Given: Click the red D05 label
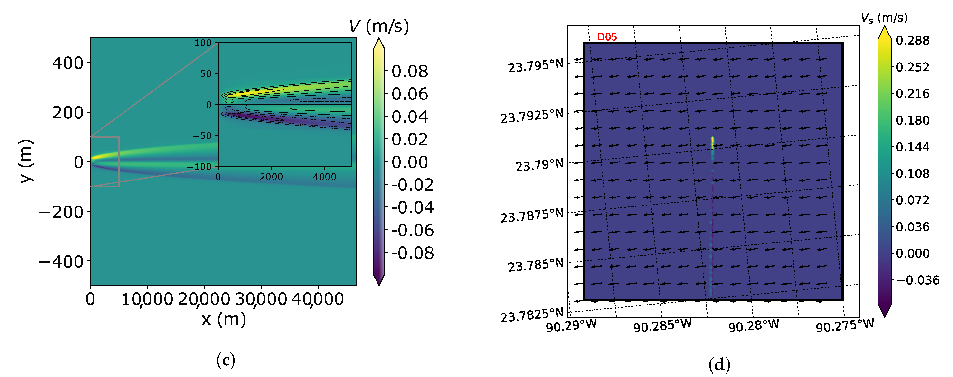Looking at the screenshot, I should (607, 37).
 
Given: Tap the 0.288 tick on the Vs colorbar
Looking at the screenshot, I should (912, 40).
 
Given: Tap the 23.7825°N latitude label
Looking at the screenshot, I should (532, 315).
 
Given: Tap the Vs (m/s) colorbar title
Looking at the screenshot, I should (884, 17).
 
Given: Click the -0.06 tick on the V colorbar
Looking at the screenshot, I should (413, 230).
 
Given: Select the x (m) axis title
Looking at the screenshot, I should (223, 319).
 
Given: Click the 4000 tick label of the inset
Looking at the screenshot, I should (324, 177).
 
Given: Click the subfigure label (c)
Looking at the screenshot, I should (225, 360).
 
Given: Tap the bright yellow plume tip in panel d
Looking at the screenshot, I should (712, 140).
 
